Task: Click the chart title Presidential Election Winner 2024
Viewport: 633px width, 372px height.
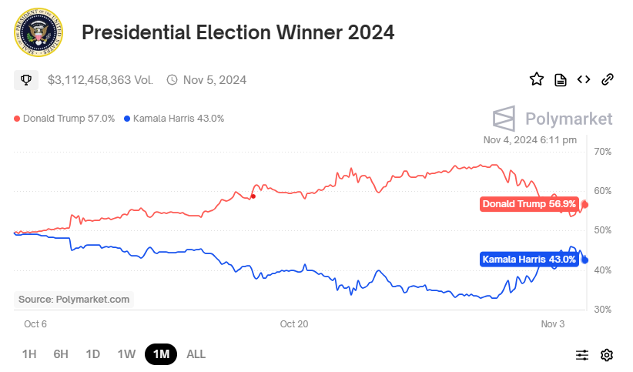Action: [238, 32]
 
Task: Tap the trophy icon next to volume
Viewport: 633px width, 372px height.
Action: [25, 79]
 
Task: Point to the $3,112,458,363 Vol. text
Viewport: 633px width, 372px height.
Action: [100, 79]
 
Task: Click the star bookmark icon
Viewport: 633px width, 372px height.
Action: [537, 79]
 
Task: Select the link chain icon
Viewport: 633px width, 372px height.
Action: [607, 79]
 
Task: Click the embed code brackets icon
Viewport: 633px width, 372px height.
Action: [584, 79]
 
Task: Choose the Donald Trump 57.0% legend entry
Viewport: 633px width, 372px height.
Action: [65, 119]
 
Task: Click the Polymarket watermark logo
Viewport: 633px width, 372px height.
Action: [553, 119]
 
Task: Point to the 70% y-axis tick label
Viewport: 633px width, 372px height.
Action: [603, 152]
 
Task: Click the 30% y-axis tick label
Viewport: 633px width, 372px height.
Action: [603, 310]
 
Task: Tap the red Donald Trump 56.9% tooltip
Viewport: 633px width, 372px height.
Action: [528, 204]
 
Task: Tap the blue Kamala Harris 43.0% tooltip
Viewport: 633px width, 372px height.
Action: [529, 260]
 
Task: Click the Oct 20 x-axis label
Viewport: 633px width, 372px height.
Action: [293, 324]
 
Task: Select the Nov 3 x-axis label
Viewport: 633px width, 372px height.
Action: [552, 324]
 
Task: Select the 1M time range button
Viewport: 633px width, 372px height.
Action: [161, 354]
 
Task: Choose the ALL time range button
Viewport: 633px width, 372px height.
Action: [196, 354]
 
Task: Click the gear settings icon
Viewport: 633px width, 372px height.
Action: [607, 355]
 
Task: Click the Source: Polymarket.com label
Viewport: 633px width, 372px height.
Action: [74, 299]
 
